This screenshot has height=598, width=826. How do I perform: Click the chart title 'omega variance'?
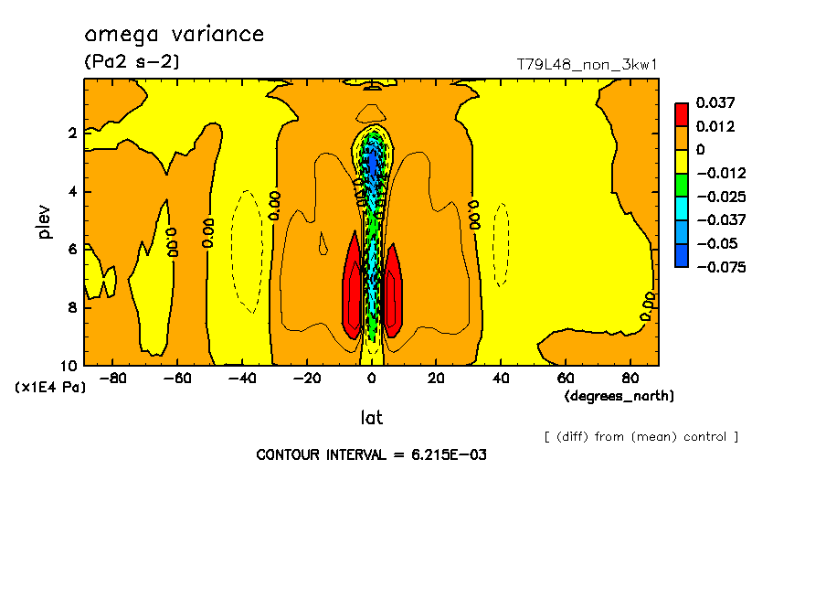[175, 35]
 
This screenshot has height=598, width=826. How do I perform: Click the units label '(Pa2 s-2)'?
[132, 62]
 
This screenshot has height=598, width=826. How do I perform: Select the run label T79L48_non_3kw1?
[588, 64]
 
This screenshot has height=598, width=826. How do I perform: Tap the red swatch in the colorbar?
[682, 113]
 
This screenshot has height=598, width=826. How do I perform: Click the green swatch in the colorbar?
[682, 185]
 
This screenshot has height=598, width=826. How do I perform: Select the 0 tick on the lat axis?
[371, 378]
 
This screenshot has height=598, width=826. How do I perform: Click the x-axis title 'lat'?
[371, 418]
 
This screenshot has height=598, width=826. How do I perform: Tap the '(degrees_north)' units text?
[619, 396]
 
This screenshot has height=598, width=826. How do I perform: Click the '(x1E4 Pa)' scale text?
[50, 388]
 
